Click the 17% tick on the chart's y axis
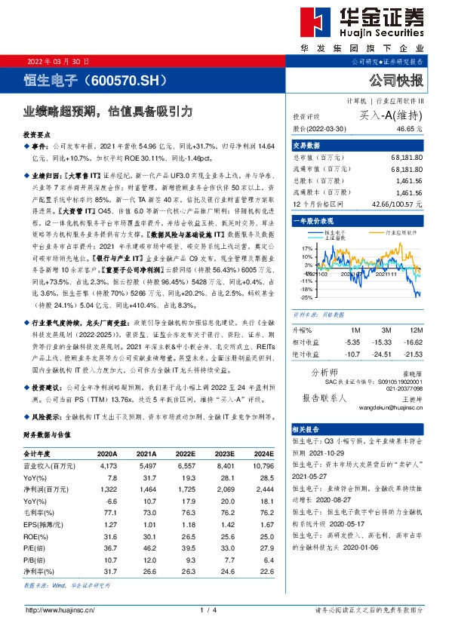coord(307,247)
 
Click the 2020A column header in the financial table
coord(107,454)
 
